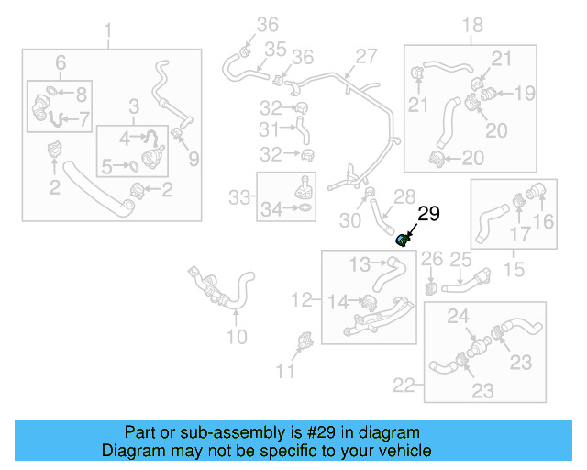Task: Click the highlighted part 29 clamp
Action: click(x=402, y=241)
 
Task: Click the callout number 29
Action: click(x=429, y=216)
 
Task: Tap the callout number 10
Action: click(x=237, y=337)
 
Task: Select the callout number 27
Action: click(x=366, y=56)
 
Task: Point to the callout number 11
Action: click(x=287, y=371)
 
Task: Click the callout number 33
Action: click(x=238, y=196)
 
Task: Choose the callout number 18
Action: click(x=471, y=25)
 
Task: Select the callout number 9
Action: click(x=194, y=159)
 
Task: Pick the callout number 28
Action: click(x=404, y=197)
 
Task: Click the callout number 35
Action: click(x=275, y=48)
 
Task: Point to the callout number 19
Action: click(x=524, y=93)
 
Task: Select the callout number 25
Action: click(x=460, y=262)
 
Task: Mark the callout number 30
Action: click(x=349, y=220)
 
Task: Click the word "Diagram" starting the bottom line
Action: click(x=135, y=452)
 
